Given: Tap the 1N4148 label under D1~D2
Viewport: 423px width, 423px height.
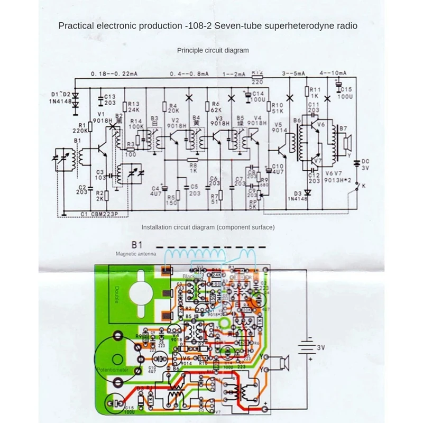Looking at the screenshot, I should click(x=61, y=102).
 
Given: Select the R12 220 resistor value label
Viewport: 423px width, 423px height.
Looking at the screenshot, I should click(x=258, y=78).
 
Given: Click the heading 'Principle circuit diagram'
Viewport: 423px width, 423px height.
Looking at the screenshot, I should click(x=213, y=50).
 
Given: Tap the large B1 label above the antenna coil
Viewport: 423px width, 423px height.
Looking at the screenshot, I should click(x=137, y=245).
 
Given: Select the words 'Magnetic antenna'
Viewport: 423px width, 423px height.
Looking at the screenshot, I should click(x=136, y=254).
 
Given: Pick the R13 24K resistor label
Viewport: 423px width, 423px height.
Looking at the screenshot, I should click(x=134, y=107).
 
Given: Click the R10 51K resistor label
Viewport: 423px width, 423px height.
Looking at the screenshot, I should click(x=278, y=108).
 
